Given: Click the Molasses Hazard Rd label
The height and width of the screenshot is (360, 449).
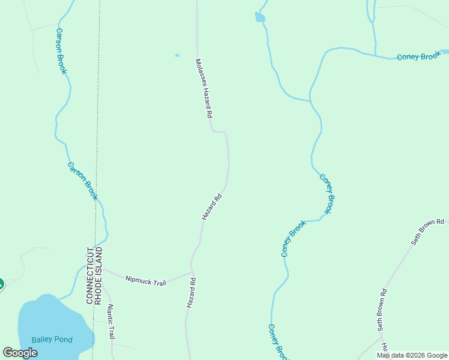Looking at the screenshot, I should click(x=205, y=88).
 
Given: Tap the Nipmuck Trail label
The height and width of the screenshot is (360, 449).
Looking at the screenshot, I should click(x=145, y=280).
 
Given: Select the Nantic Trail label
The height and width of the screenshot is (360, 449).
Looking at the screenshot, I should click(x=110, y=323).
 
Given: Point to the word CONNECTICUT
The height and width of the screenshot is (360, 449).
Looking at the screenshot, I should click(x=89, y=275).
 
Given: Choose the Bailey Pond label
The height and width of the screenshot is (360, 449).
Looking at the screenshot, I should click(x=53, y=340).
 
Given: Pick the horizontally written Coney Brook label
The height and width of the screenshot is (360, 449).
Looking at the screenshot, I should click(x=419, y=57).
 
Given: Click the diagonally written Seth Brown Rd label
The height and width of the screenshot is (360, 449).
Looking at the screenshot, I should click(x=427, y=232).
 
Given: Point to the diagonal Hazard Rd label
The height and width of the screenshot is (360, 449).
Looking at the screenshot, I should click(x=212, y=206).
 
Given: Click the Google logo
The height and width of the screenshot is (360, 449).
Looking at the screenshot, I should click(x=20, y=353).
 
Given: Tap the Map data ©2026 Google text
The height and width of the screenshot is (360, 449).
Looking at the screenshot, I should click(x=412, y=355).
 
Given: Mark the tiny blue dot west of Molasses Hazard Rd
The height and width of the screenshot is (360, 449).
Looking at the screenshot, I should click(x=176, y=56).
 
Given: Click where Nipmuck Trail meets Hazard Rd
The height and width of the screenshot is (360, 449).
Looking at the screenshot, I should click(x=191, y=271).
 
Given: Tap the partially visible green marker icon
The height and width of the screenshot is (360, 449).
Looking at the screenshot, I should click(x=1, y=284).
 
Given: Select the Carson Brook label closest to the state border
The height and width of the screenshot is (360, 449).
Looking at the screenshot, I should click(x=83, y=181).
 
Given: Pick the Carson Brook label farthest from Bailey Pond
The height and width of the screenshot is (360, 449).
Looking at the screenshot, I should click(x=61, y=51).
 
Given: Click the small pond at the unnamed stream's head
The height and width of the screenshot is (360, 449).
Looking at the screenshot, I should click(x=260, y=17).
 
